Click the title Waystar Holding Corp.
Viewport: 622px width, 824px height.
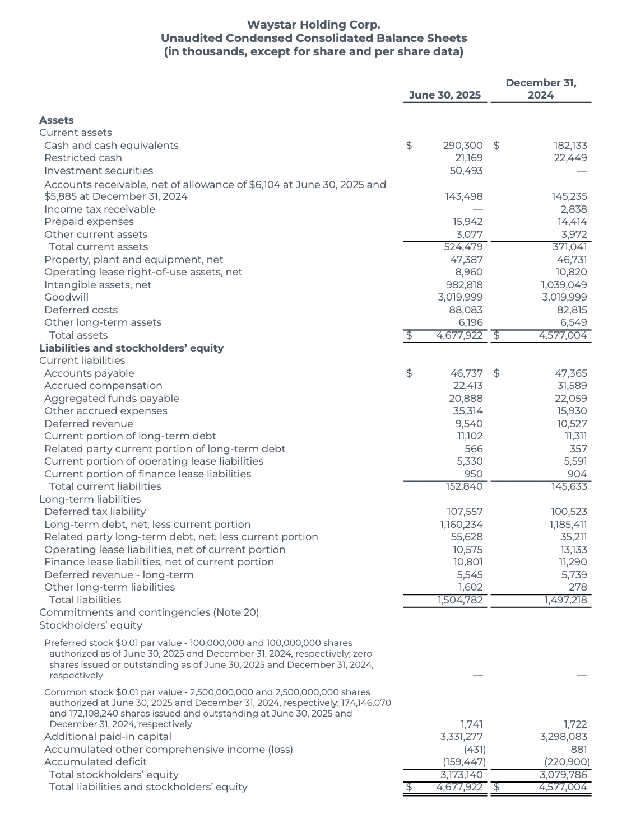(x=313, y=25)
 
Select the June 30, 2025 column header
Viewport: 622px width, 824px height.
(x=444, y=95)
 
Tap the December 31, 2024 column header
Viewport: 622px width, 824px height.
(x=541, y=89)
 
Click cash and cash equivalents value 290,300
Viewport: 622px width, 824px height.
(x=462, y=146)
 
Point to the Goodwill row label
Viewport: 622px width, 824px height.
(x=66, y=297)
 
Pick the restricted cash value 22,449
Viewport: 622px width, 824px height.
(x=570, y=158)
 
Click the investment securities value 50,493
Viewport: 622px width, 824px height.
(x=466, y=171)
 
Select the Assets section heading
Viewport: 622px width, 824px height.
(x=56, y=120)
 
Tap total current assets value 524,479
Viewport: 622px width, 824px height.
(x=463, y=247)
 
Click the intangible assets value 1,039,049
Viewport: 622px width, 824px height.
(x=564, y=285)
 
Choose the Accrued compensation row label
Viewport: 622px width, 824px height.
(x=103, y=386)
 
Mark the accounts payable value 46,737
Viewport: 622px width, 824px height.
(x=466, y=373)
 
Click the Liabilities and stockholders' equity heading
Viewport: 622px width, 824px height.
(x=131, y=348)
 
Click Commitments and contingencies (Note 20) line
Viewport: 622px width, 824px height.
(x=149, y=612)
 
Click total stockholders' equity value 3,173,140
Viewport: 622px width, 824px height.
(x=461, y=775)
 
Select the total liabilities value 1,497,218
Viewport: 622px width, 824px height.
(x=565, y=600)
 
